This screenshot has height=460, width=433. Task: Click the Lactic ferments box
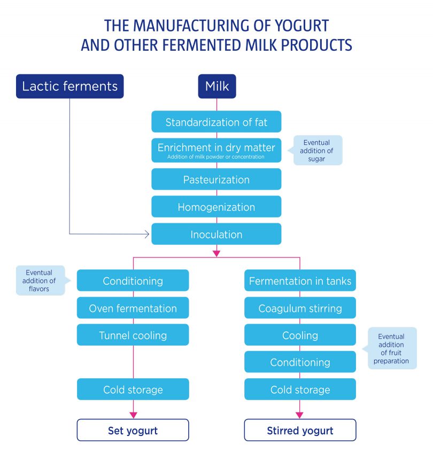(x=70, y=86)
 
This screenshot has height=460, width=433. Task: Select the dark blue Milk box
(x=216, y=86)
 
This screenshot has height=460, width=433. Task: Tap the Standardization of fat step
(x=216, y=122)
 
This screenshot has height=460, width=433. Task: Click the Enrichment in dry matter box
(x=216, y=150)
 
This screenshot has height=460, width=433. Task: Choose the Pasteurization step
(x=216, y=180)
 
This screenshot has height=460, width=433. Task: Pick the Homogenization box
(x=216, y=207)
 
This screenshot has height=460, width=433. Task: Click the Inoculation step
(x=216, y=234)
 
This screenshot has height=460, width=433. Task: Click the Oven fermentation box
(x=133, y=308)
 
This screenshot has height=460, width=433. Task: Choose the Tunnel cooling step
(x=133, y=336)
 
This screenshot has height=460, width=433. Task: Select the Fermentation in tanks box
(x=300, y=281)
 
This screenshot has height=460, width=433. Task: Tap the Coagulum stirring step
(x=300, y=308)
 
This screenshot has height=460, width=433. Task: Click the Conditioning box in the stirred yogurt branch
(x=300, y=362)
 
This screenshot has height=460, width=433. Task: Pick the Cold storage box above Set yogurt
(x=133, y=389)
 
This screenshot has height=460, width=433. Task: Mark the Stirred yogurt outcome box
(x=300, y=430)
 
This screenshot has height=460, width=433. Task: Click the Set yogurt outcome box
(x=133, y=430)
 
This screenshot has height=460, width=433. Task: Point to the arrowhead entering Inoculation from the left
(x=148, y=234)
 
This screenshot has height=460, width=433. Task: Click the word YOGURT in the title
(x=301, y=25)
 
